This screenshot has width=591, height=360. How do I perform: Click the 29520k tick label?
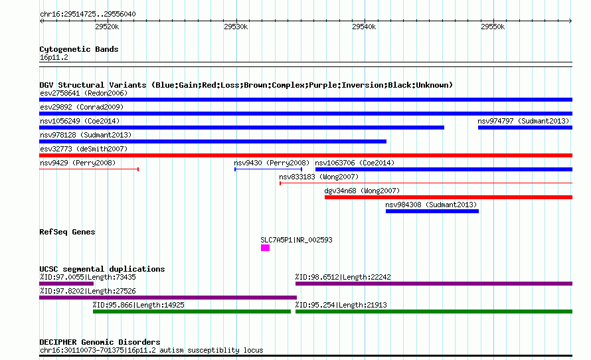pyautogui.click(x=107, y=27)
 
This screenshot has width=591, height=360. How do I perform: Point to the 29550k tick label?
pyautogui.click(x=493, y=27)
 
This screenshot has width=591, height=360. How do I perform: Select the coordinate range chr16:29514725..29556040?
pyautogui.click(x=88, y=14)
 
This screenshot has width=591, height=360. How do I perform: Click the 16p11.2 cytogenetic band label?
pyautogui.click(x=54, y=57)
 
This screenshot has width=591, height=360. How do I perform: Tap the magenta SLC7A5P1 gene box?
pyautogui.click(x=266, y=248)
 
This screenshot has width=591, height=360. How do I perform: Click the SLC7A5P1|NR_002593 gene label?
pyautogui.click(x=296, y=240)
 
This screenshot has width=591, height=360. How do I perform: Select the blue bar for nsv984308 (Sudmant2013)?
pyautogui.click(x=432, y=211)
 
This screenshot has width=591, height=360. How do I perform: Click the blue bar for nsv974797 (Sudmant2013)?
pyautogui.click(x=525, y=128)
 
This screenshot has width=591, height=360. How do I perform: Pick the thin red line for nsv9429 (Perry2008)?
pyautogui.click(x=89, y=169)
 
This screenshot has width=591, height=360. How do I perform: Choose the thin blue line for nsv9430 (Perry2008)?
pyautogui.click(x=268, y=169)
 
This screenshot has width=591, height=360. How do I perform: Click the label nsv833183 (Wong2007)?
pyautogui.click(x=319, y=177)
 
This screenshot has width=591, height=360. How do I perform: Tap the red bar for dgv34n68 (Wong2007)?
pyautogui.click(x=448, y=197)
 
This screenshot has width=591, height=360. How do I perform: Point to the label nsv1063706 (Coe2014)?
pyautogui.click(x=355, y=163)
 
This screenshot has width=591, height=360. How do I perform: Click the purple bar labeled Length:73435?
pyautogui.click(x=66, y=284)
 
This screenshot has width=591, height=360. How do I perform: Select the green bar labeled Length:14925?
pyautogui.click(x=192, y=312)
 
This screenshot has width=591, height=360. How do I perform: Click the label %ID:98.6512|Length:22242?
pyautogui.click(x=343, y=277)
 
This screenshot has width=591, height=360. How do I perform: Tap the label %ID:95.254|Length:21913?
pyautogui.click(x=341, y=305)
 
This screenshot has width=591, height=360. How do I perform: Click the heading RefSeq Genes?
pyautogui.click(x=67, y=232)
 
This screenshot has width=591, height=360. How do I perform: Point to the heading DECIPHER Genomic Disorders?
pyautogui.click(x=100, y=342)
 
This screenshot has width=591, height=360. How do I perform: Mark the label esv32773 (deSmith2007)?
pyautogui.click(x=84, y=149)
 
